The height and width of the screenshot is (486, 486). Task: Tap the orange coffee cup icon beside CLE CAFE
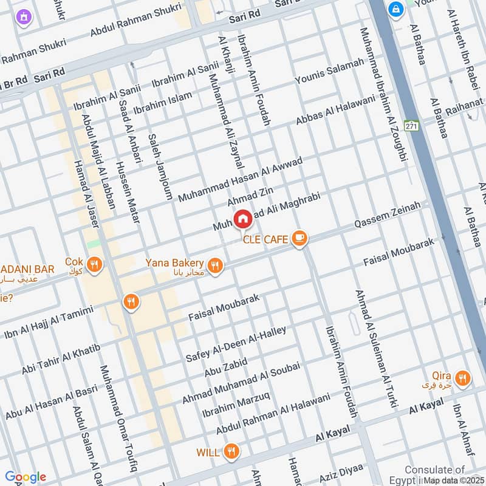298,239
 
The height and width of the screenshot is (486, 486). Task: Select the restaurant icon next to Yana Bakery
214,265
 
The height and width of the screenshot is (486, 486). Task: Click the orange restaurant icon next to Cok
94,264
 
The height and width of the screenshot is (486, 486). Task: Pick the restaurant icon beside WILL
231,451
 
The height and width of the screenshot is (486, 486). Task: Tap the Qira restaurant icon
463,378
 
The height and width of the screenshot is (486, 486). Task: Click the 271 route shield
412,126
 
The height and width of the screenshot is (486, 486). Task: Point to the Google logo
25,477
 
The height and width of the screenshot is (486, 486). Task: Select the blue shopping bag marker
395,10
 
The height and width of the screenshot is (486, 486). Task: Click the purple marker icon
23,16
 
